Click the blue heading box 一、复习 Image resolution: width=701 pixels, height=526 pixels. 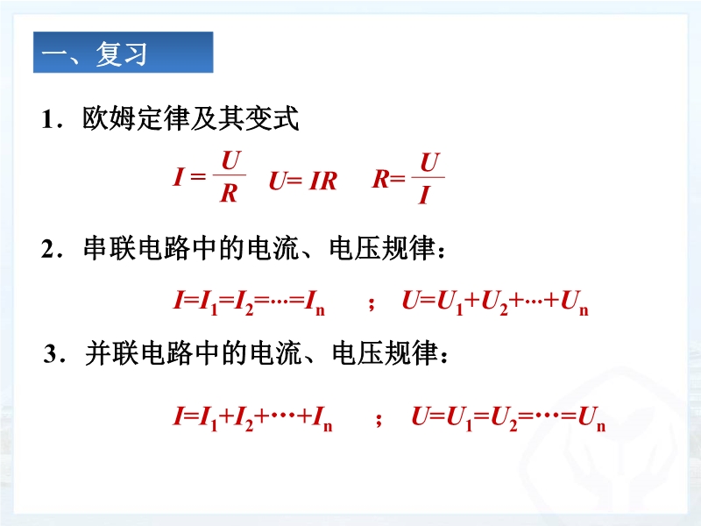(x=123, y=52)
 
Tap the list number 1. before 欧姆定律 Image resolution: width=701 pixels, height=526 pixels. (x=52, y=120)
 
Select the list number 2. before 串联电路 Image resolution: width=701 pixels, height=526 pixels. (x=52, y=249)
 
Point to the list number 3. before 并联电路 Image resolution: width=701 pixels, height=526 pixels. (x=54, y=354)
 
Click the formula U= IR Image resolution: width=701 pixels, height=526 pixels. (x=302, y=181)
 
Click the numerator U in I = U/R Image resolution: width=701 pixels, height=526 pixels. (x=231, y=161)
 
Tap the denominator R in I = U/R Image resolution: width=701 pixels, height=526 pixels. (x=229, y=193)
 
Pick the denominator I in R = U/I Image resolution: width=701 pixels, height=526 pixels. (x=424, y=195)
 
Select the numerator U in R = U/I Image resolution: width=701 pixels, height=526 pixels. (x=430, y=162)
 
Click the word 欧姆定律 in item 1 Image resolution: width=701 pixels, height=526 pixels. (x=136, y=119)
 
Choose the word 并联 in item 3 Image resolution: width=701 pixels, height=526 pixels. (x=112, y=353)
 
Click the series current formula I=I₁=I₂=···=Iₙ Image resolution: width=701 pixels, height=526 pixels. (x=249, y=302)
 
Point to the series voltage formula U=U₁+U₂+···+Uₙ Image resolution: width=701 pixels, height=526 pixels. (x=495, y=302)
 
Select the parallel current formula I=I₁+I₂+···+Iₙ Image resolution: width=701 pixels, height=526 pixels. (x=252, y=418)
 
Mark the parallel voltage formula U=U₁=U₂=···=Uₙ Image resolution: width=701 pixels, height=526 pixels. (x=508, y=418)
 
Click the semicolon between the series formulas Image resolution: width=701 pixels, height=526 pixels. (x=371, y=303)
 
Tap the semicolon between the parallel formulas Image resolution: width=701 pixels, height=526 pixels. (x=379, y=419)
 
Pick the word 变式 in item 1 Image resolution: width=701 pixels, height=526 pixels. (x=272, y=119)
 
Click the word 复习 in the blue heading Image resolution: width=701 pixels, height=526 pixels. (x=121, y=53)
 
